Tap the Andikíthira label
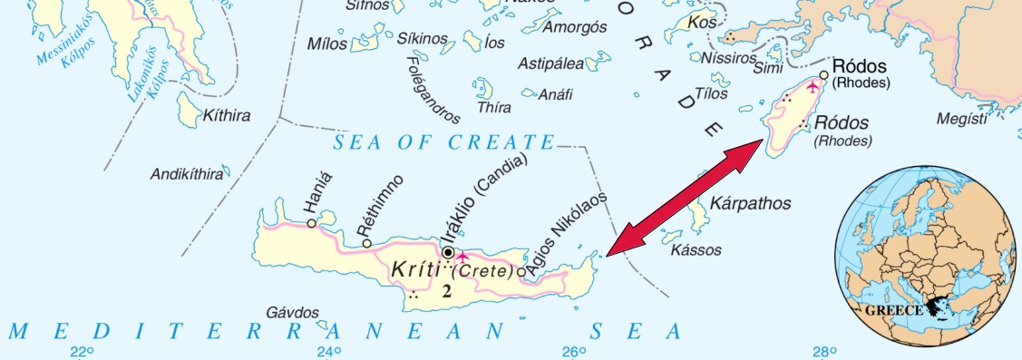pos(186,174)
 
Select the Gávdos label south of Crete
pos(294,313)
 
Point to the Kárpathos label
pos(750,202)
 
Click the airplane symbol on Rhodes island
pos(813,86)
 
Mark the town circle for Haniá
pos(311,223)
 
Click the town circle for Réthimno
pos(366,243)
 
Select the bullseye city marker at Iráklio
pos(447,252)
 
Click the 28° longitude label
pos(822,352)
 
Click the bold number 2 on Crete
pos(445,291)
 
